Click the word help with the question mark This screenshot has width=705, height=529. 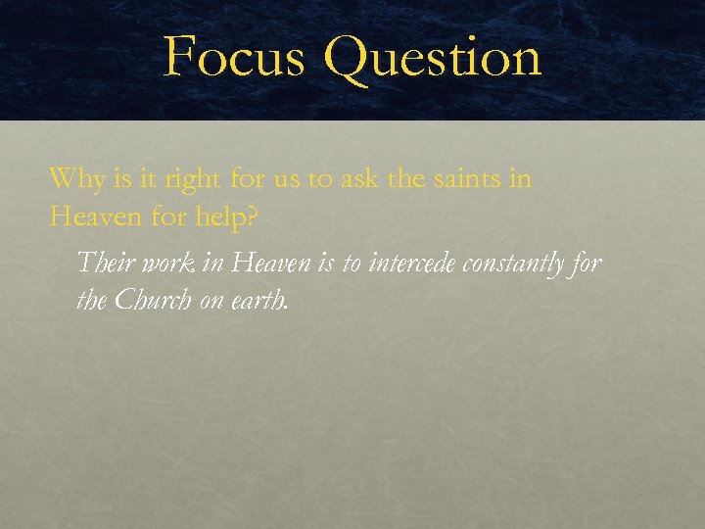click(224, 217)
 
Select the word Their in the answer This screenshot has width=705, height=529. click(102, 263)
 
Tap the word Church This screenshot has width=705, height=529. click(153, 301)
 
